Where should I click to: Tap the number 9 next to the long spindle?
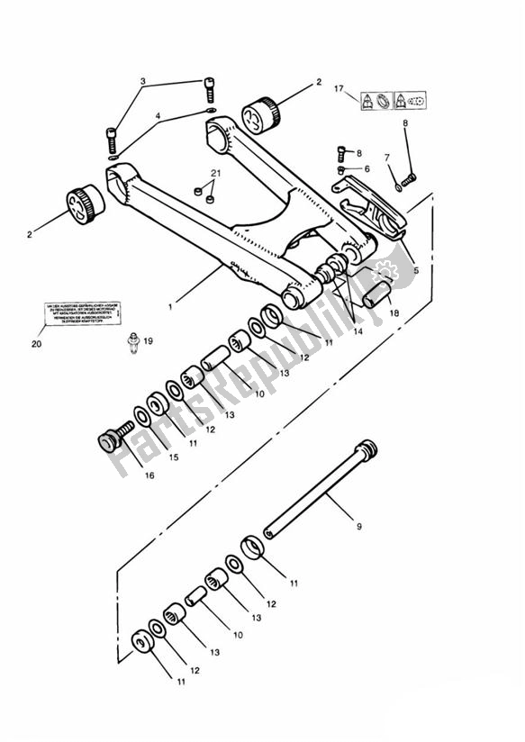tap(358, 526)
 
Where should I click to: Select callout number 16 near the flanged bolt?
tap(149, 475)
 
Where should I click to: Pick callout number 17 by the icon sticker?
tap(339, 90)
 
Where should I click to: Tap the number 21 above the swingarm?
tap(214, 173)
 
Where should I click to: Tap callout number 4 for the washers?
tap(158, 115)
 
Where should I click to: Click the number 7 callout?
tap(388, 158)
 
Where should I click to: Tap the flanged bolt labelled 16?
tap(111, 441)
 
